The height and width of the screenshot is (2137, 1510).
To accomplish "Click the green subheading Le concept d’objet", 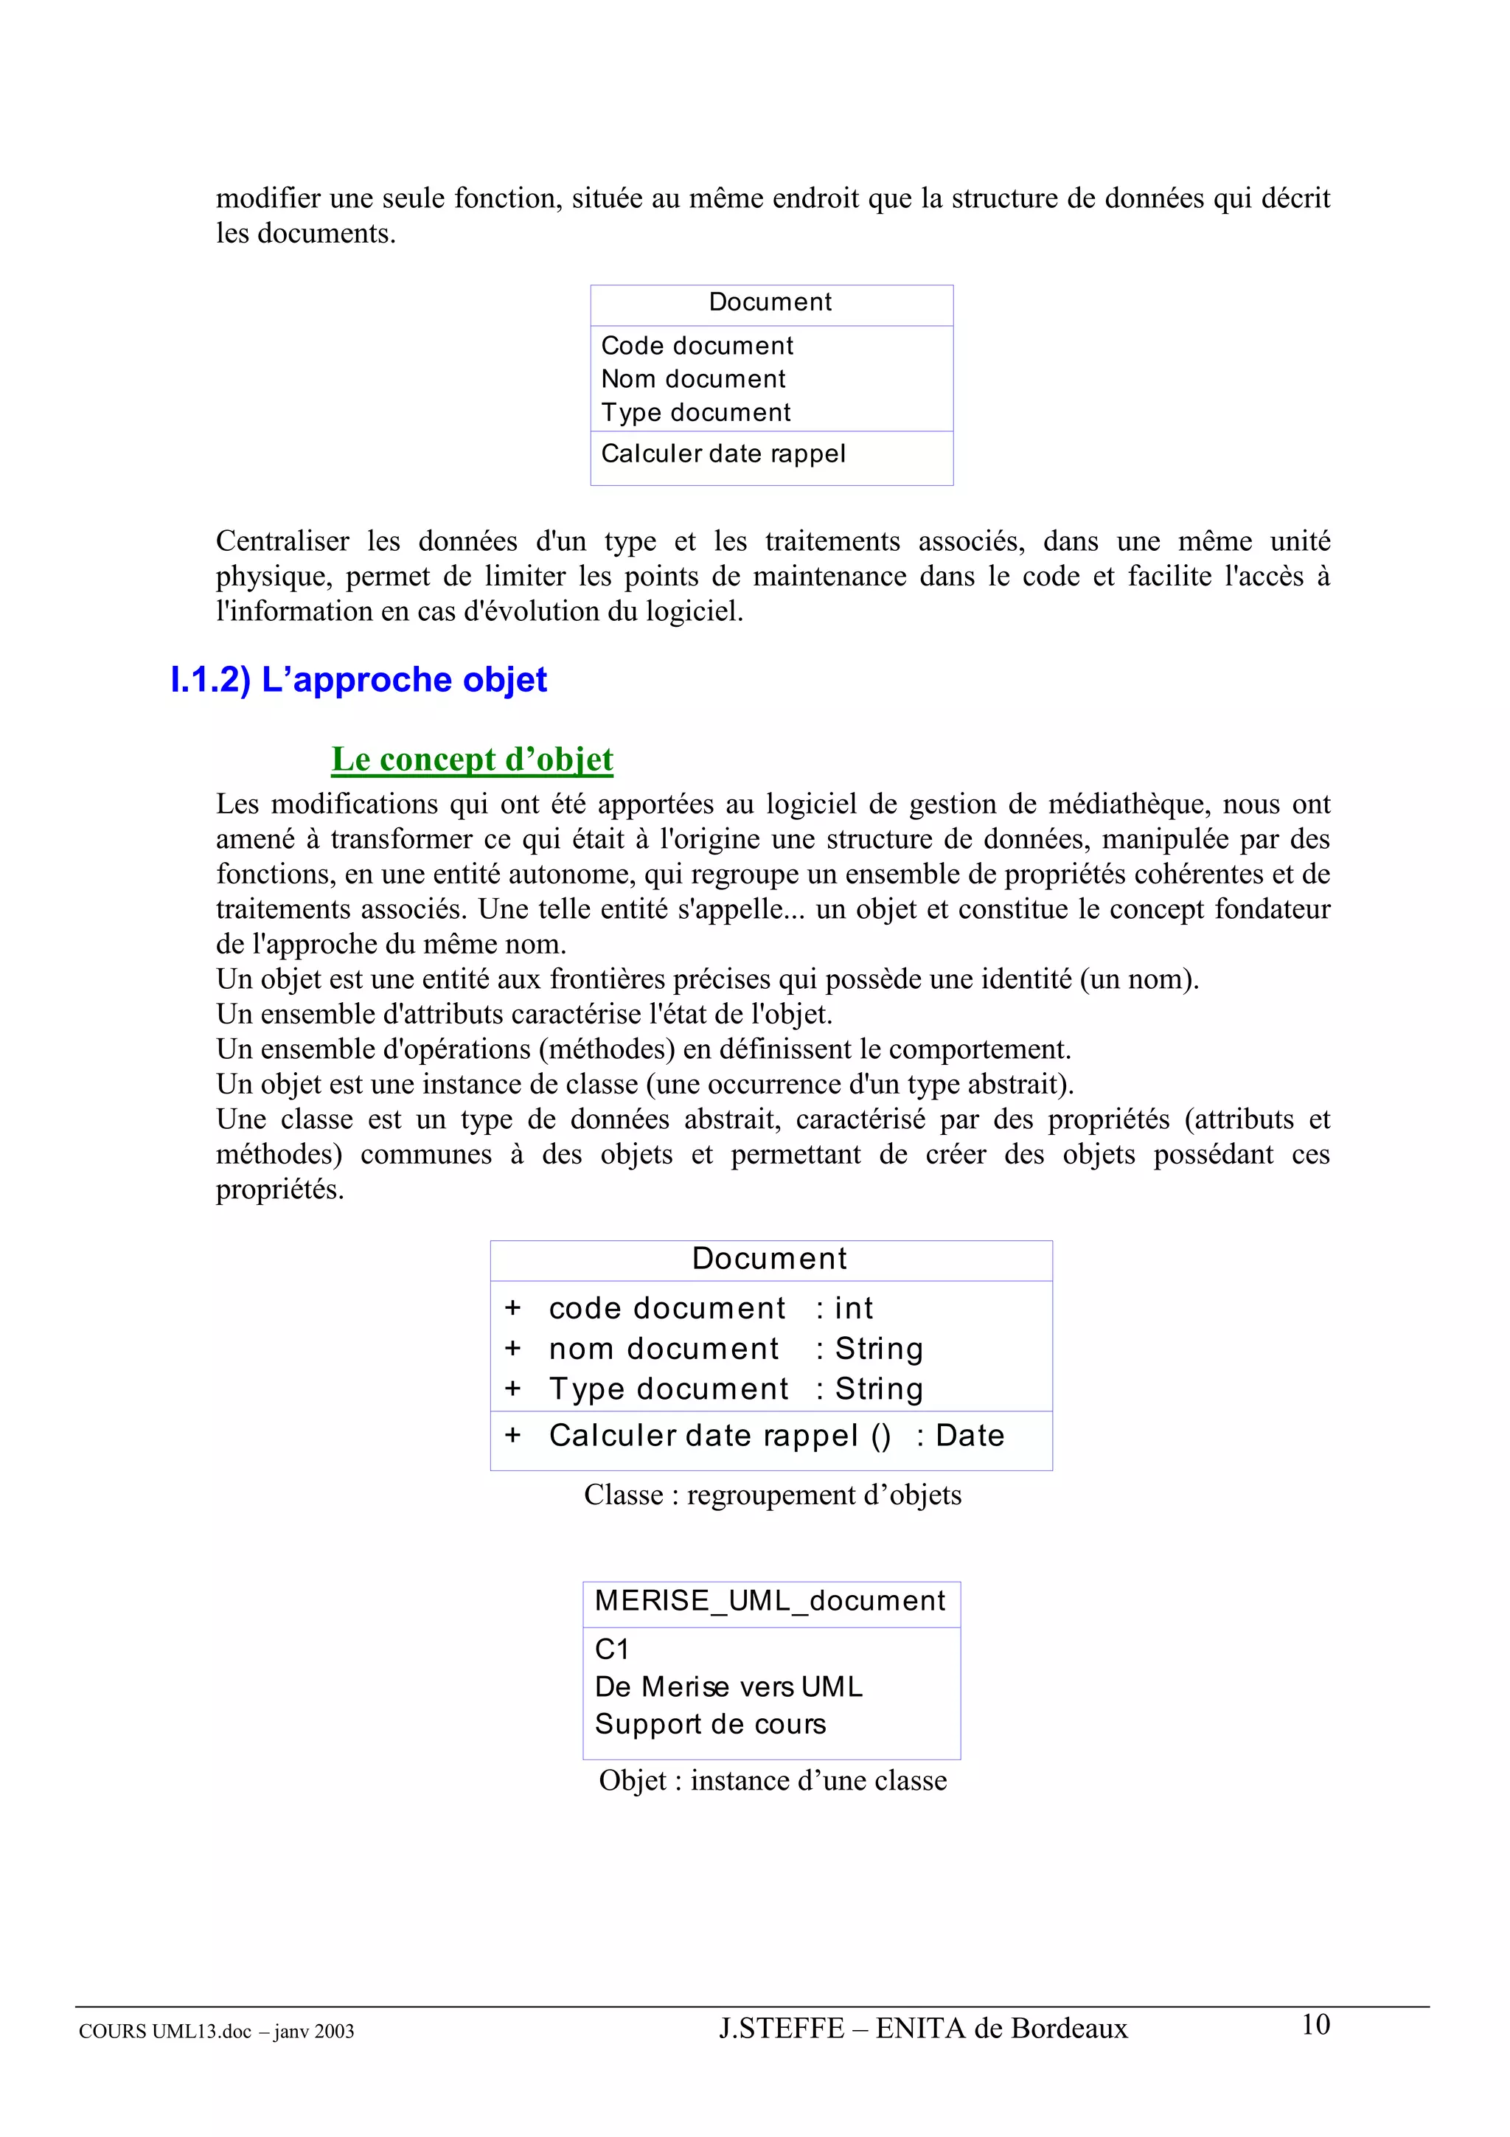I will coord(472,760).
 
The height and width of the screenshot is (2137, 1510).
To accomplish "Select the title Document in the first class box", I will coord(770,302).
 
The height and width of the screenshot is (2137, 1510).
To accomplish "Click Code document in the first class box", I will coord(697,347).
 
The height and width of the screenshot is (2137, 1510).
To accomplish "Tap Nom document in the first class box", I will coord(693,380).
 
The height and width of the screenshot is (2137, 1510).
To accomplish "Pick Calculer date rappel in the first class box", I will coord(723,454).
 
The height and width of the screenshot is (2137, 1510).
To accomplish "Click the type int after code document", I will coord(853,1309).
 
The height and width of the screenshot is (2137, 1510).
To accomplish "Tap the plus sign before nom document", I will coord(512,1349).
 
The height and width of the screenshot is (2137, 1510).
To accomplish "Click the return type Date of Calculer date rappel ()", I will coord(970,1436).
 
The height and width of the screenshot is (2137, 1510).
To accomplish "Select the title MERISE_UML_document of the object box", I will coord(770,1601).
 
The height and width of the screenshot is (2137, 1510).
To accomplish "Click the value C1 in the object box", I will coord(612,1650).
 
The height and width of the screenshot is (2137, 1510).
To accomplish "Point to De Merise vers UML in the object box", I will coord(728,1687).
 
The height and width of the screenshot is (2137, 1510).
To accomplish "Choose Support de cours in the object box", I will coord(710,1725).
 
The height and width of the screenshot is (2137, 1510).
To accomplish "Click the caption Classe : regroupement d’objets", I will coord(772,1495).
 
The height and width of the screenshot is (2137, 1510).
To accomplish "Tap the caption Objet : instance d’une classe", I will coord(772,1782).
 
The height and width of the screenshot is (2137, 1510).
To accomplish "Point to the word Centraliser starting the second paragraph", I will coord(282,542).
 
